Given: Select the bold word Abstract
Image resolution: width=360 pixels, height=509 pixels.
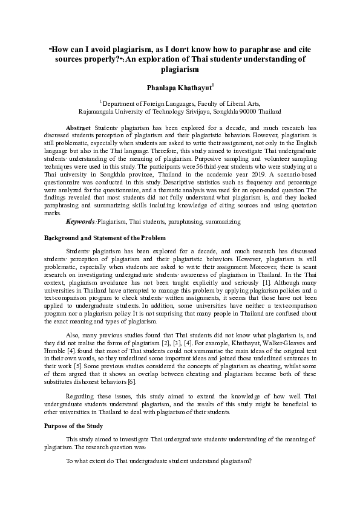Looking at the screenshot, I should click(x=77, y=129).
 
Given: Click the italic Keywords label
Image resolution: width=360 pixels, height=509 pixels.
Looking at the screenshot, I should click(x=80, y=222).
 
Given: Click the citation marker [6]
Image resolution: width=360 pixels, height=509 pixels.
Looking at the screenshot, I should click(x=140, y=382).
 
